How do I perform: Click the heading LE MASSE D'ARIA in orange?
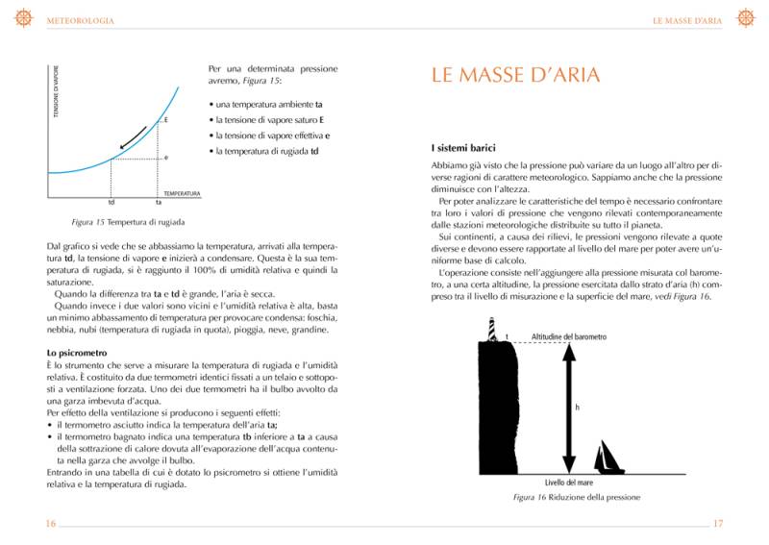[x=514, y=76]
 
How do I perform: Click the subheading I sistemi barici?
[x=463, y=148]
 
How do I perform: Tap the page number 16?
[x=51, y=523]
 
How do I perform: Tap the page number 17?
[x=717, y=523]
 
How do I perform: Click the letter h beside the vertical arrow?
[x=577, y=408]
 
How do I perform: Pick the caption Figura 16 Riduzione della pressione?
[x=576, y=497]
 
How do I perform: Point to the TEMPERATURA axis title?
[x=182, y=193]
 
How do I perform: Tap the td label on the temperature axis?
[x=112, y=203]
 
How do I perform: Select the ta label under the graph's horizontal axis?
[x=158, y=203]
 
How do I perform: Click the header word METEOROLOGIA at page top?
[x=81, y=20]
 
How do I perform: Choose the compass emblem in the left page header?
[x=24, y=18]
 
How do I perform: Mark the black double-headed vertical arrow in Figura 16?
[x=568, y=407]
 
